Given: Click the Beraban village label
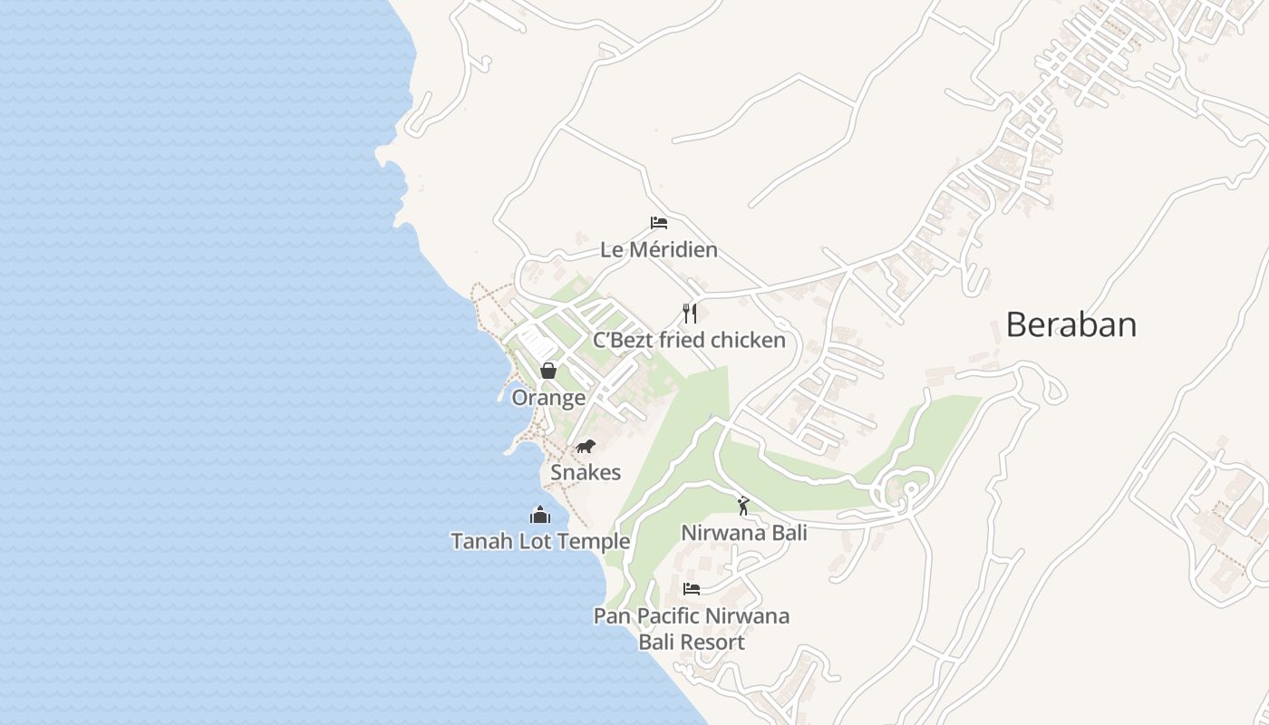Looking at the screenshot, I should [x=1070, y=324].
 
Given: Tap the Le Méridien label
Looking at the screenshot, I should [x=658, y=249].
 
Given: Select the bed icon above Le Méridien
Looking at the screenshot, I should [x=659, y=223].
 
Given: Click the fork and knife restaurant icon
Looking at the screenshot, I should [x=690, y=314].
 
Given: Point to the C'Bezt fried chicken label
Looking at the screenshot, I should [x=689, y=340].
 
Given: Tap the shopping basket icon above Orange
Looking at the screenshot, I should [x=547, y=370].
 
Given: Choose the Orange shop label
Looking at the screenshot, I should [x=548, y=398].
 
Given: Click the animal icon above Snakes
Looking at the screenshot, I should [x=586, y=446].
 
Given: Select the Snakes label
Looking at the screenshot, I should [x=586, y=472].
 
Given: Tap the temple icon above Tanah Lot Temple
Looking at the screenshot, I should [x=540, y=515].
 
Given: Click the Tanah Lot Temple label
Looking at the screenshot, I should [x=540, y=541].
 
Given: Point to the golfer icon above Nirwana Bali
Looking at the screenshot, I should [x=743, y=506].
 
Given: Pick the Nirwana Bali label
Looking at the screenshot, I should [x=743, y=532].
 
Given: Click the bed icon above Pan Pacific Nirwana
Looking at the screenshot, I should [x=692, y=589].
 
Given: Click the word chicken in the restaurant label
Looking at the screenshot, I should [x=748, y=340].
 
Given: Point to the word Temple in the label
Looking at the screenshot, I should [x=596, y=541].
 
